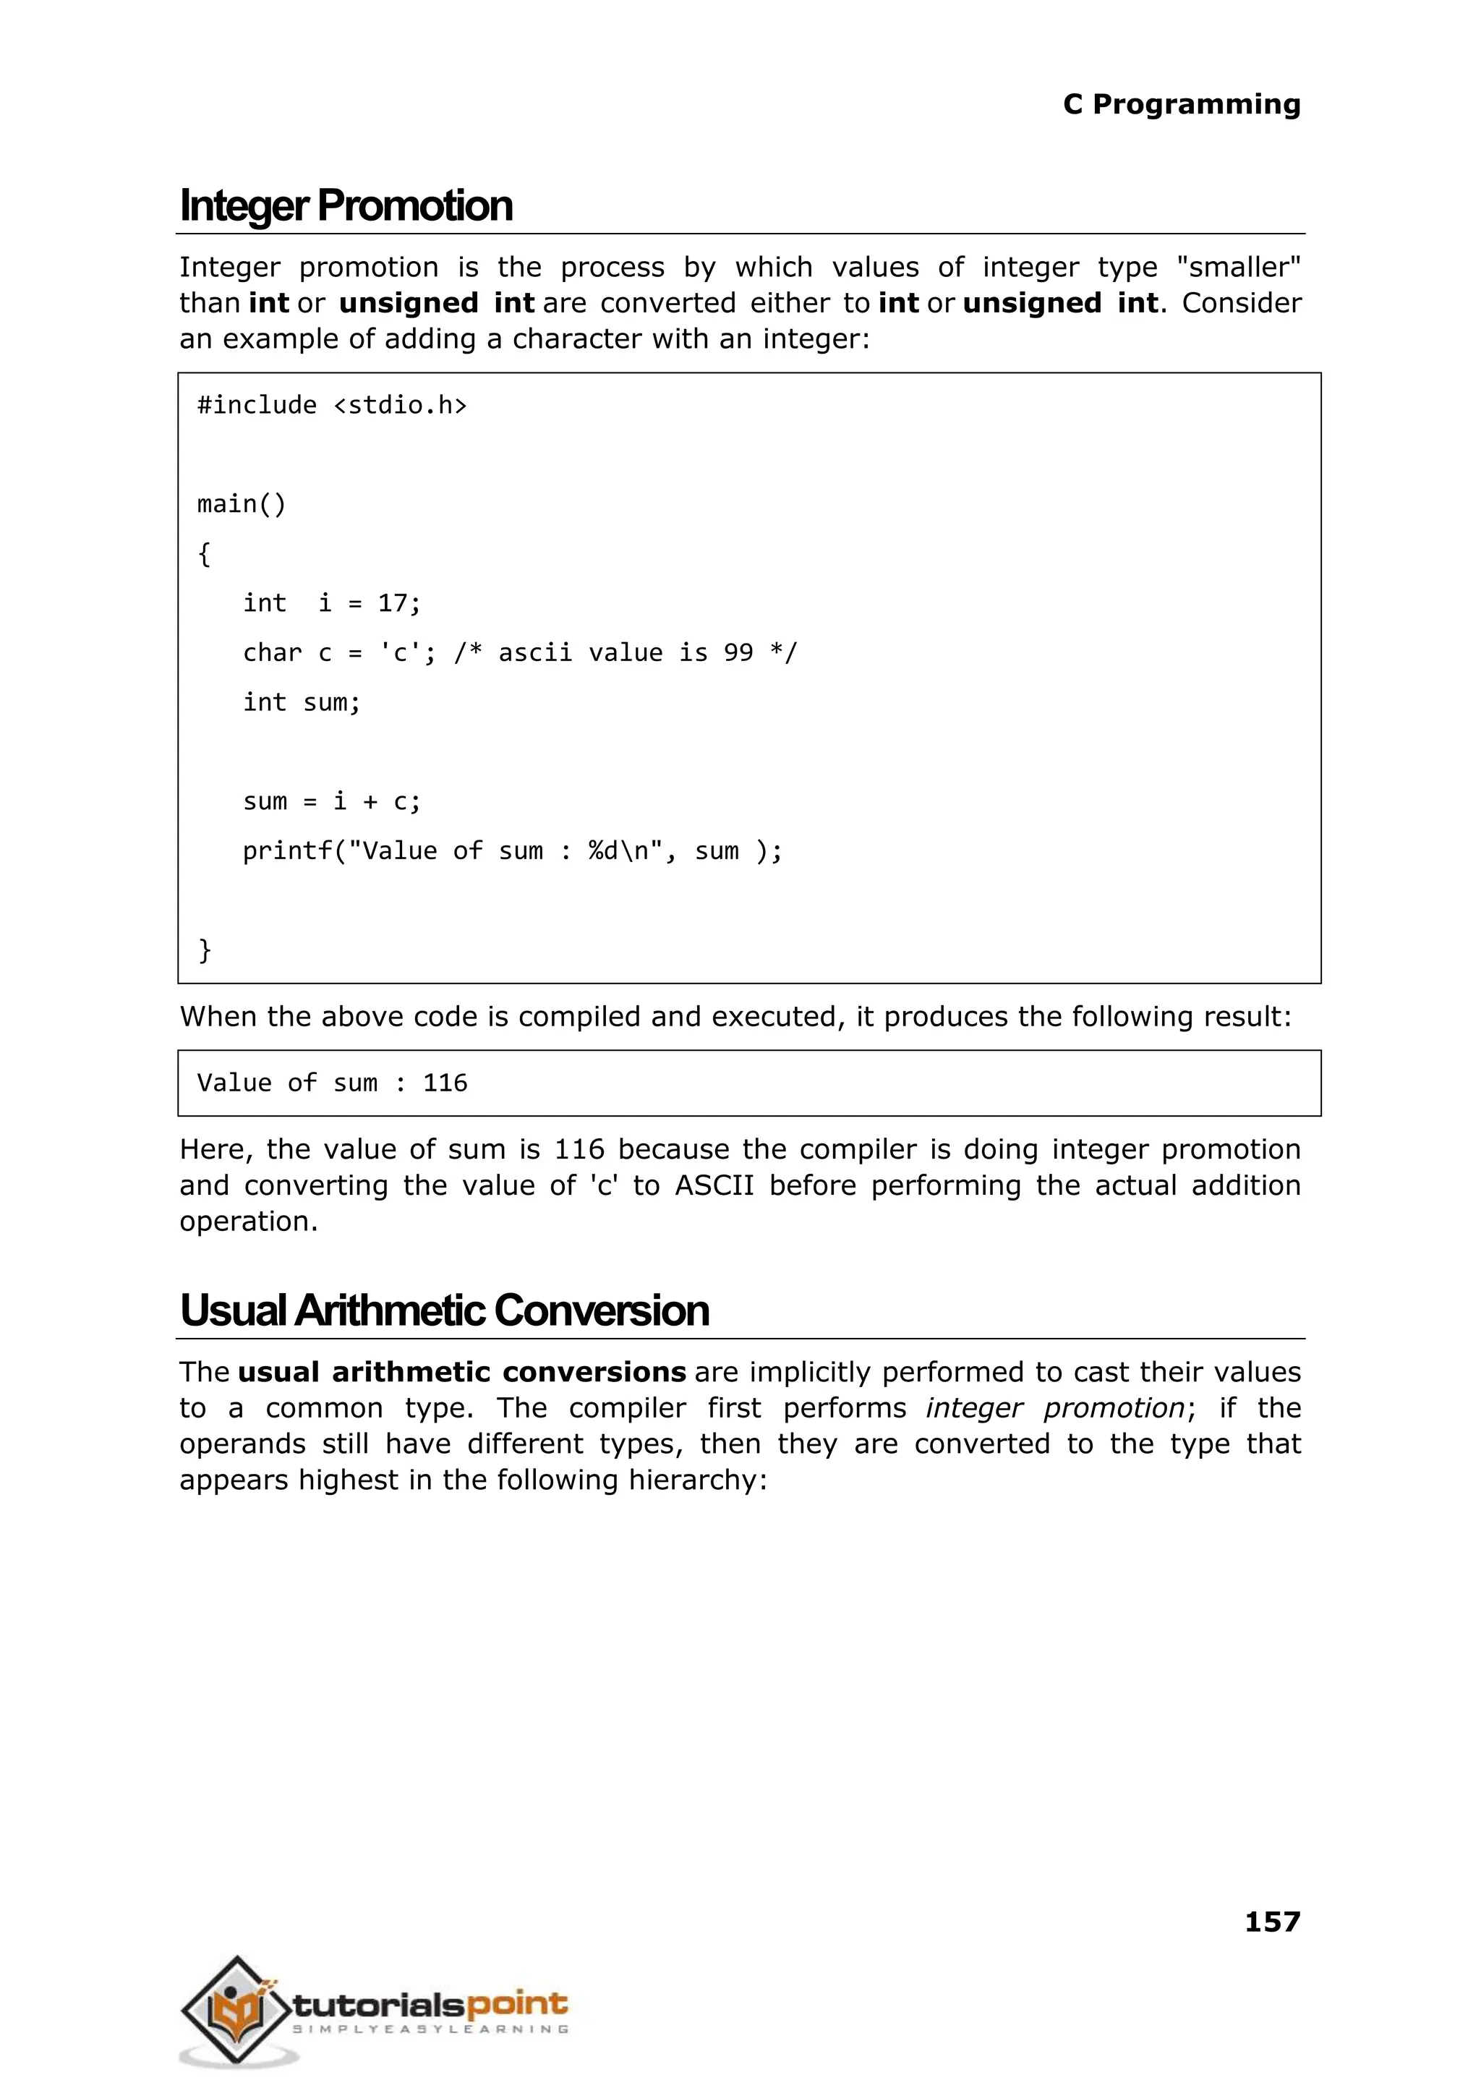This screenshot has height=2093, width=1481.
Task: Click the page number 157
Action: (x=1271, y=1922)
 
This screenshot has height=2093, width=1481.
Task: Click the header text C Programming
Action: (x=1181, y=105)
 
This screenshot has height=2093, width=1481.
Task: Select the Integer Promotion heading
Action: (x=346, y=206)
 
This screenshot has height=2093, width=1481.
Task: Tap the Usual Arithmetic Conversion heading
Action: (x=444, y=1310)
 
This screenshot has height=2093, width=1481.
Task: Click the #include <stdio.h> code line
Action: (x=332, y=405)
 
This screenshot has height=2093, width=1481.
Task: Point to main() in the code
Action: (x=242, y=504)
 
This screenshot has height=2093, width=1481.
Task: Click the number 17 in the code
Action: (x=393, y=604)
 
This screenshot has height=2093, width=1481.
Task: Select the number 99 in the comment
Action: (x=738, y=653)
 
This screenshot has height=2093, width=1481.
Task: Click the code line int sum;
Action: (x=302, y=703)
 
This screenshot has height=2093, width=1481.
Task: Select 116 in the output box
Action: (x=445, y=1083)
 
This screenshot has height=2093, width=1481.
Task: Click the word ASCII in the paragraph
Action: (x=714, y=1185)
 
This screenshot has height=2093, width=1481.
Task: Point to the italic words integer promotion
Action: (x=1055, y=1408)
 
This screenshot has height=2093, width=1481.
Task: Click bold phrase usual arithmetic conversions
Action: (x=461, y=1373)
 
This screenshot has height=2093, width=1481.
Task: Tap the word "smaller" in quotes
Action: (x=1239, y=267)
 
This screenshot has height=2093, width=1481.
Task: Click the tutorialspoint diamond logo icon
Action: (x=237, y=2008)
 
